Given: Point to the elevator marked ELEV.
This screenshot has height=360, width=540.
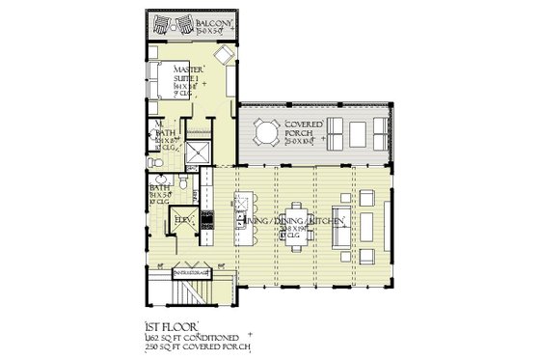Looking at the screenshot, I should [183, 222].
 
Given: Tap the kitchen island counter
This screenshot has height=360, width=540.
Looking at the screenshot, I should [242, 216].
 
